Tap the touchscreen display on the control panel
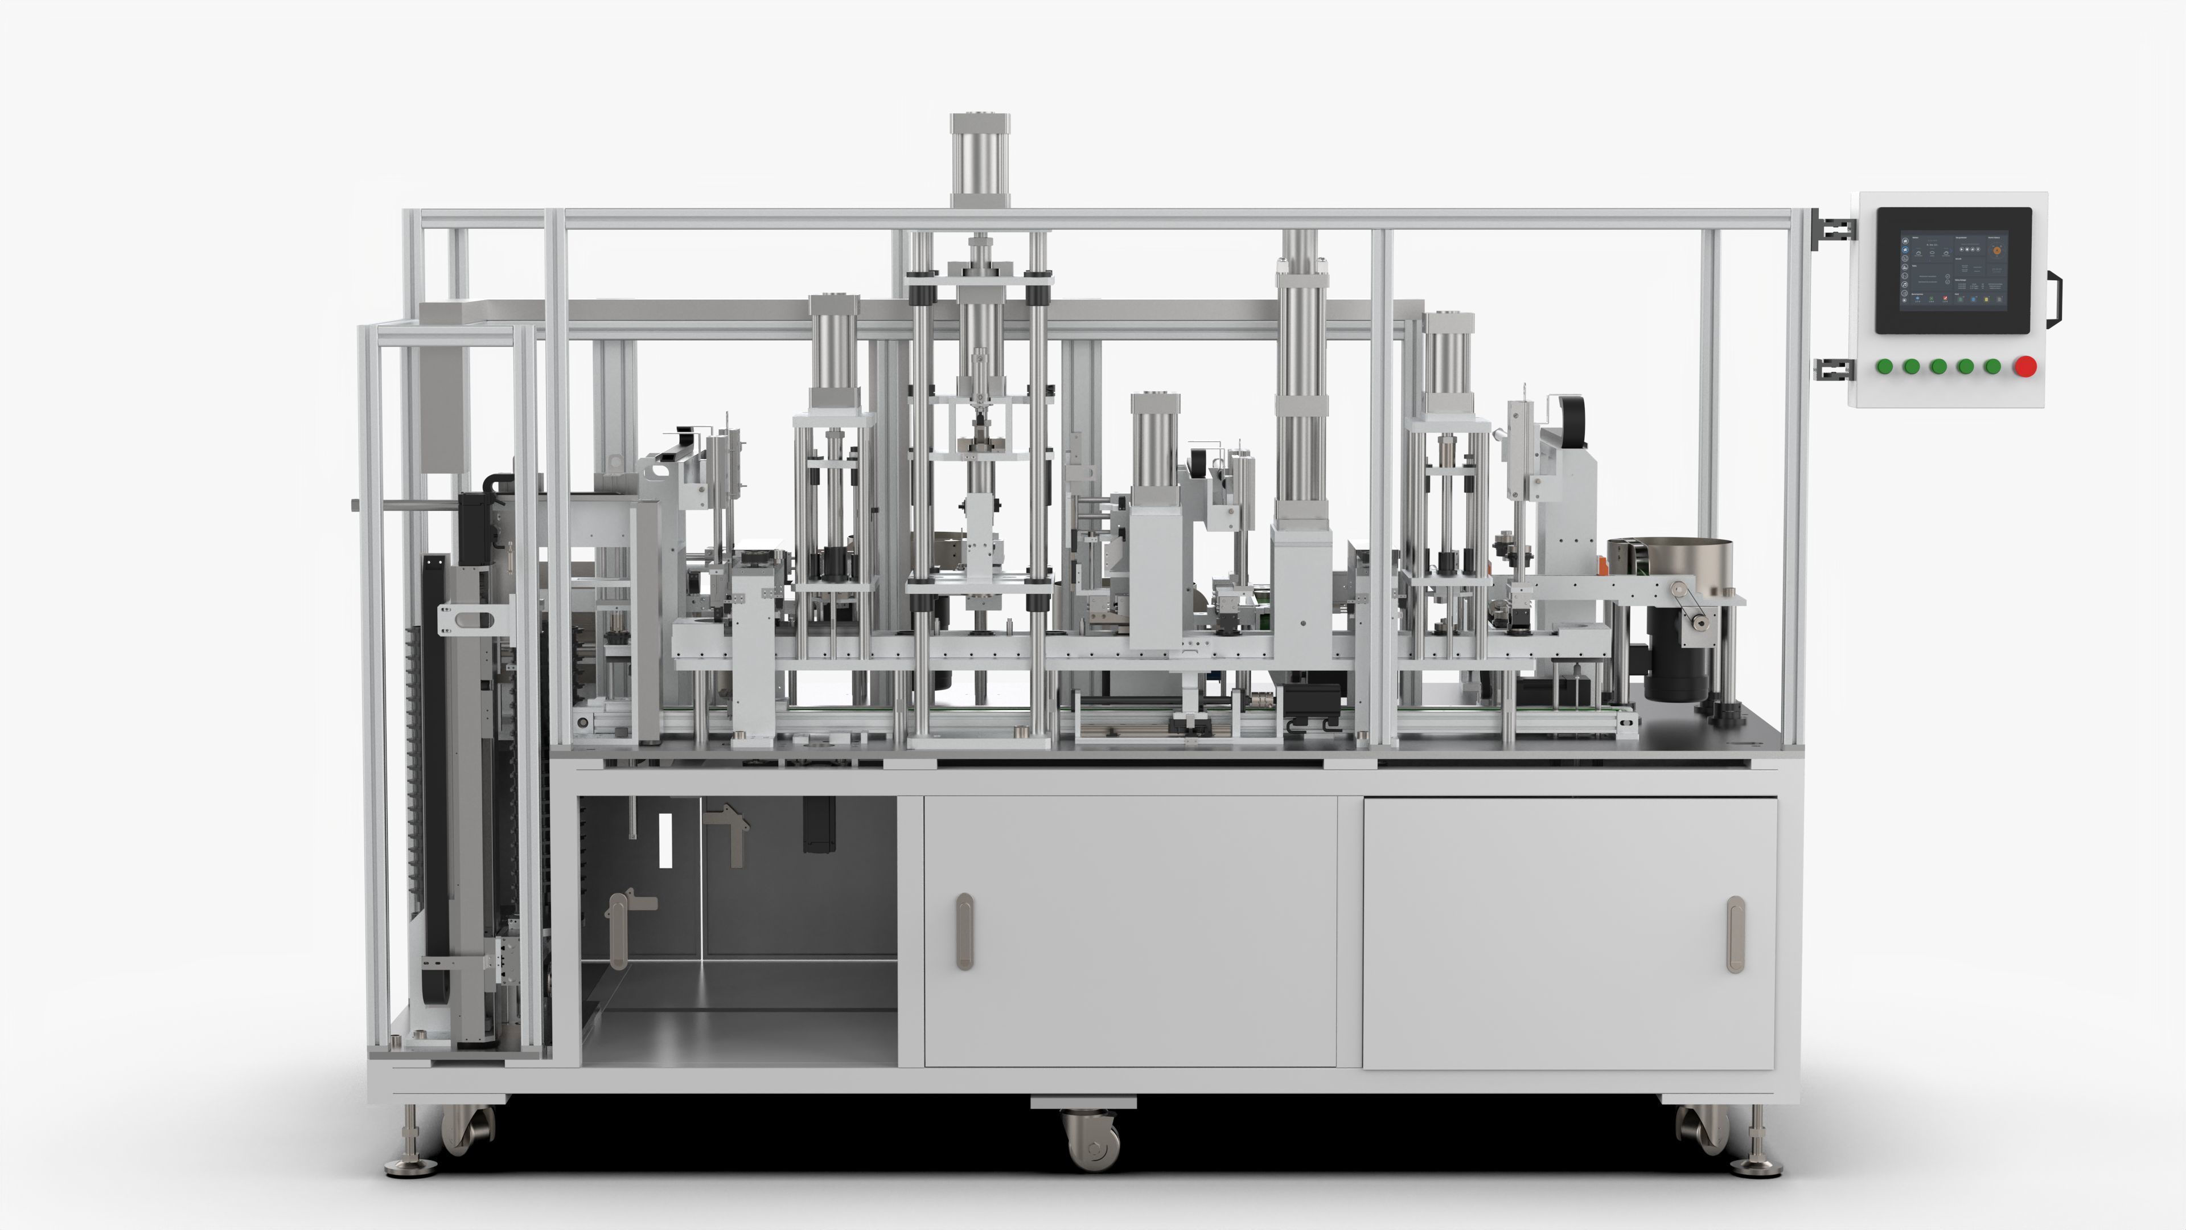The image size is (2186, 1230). [1953, 270]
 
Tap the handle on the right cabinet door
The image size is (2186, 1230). [1735, 934]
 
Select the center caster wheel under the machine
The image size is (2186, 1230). [1091, 1142]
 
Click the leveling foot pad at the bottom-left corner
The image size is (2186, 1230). [412, 1167]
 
